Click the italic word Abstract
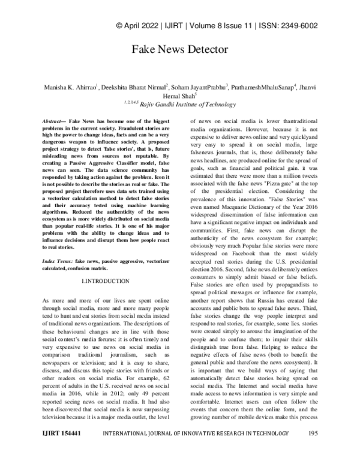(52, 121)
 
